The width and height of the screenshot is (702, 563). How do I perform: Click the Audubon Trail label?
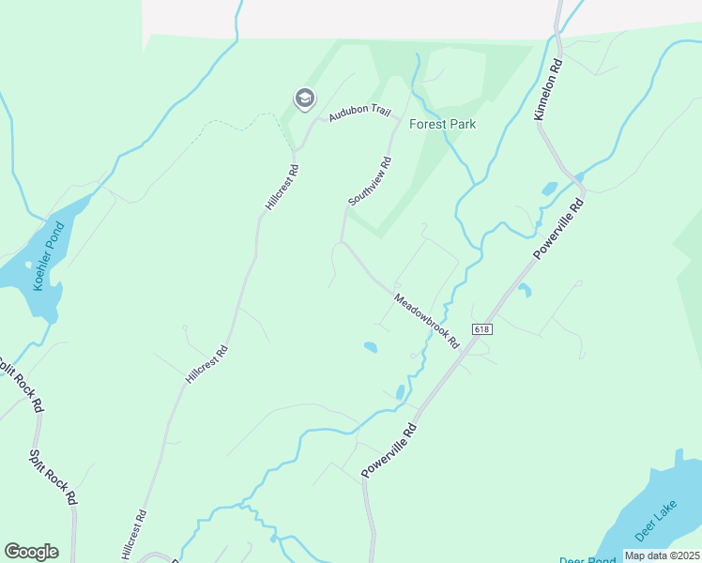coord(359,112)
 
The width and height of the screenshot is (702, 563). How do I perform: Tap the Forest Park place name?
coord(443,124)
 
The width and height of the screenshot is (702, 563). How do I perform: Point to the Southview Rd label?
coord(369,181)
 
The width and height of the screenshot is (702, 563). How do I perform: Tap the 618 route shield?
coord(482,329)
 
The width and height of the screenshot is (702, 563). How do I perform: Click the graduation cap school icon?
coord(304,98)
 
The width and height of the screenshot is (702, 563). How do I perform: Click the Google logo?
coord(32,552)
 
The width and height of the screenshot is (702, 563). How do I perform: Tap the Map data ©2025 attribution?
coord(662,555)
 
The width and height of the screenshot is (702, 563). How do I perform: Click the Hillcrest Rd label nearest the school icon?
coord(282,188)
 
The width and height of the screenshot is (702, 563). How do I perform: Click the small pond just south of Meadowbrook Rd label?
coord(371,348)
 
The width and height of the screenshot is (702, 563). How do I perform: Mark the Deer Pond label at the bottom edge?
coord(587,559)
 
